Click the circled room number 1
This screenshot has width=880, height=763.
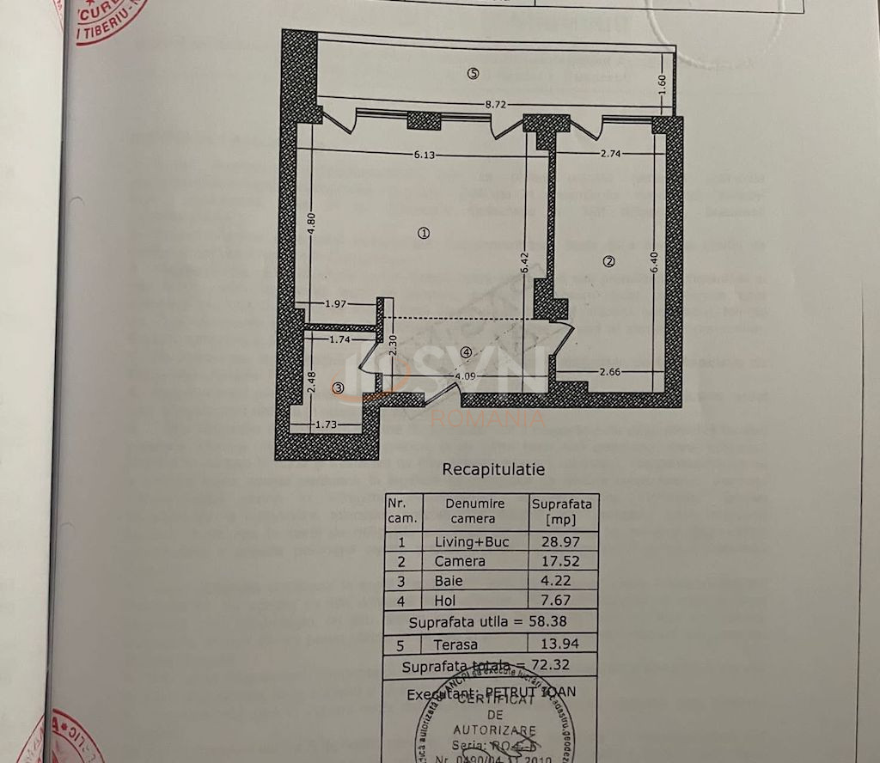[x=423, y=232]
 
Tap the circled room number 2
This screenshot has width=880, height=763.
[x=608, y=262]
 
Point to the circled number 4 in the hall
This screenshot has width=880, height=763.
[x=465, y=351]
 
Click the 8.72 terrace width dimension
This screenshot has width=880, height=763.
[x=496, y=104]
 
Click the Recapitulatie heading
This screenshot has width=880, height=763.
[x=492, y=470]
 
